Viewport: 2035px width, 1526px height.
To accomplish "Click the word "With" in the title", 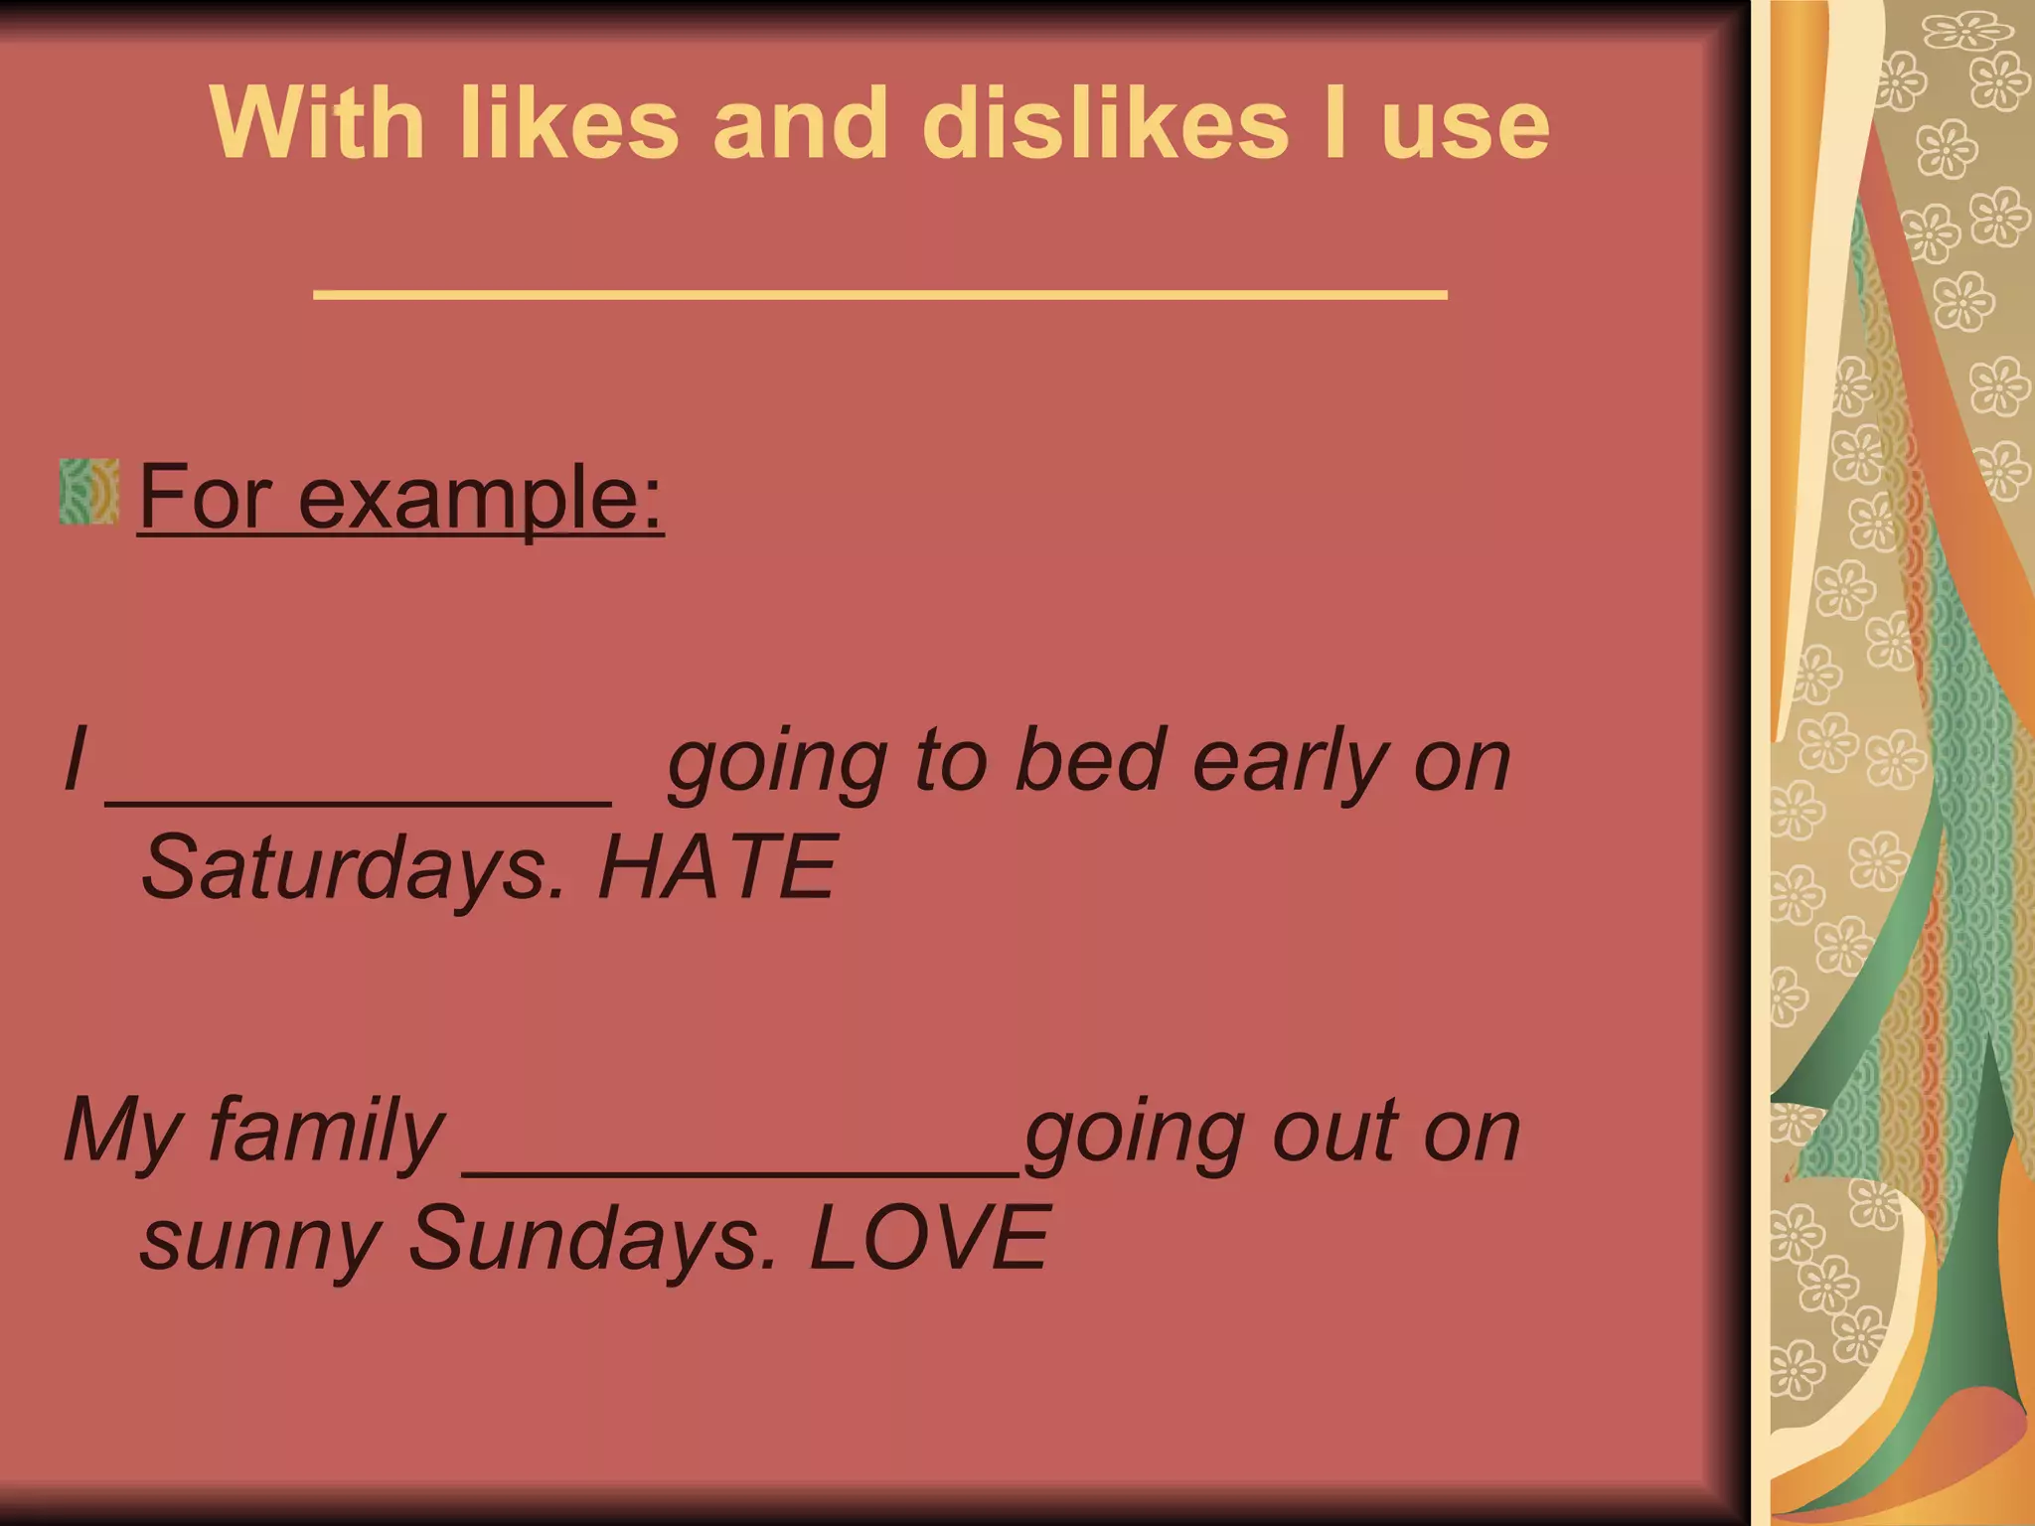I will [x=318, y=123].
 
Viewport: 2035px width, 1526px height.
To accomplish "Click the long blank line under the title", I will [x=879, y=293].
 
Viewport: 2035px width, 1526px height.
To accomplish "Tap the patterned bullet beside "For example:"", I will [x=88, y=492].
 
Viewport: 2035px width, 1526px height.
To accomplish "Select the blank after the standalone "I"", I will [x=358, y=801].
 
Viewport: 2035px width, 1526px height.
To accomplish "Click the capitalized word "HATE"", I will [x=716, y=867].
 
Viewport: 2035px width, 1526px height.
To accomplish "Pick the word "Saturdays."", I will [x=353, y=867].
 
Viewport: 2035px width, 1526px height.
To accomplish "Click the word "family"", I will [x=326, y=1133].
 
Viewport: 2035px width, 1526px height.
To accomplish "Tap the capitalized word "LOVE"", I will [x=929, y=1238].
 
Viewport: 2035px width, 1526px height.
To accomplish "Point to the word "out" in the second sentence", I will [x=1330, y=1133].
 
